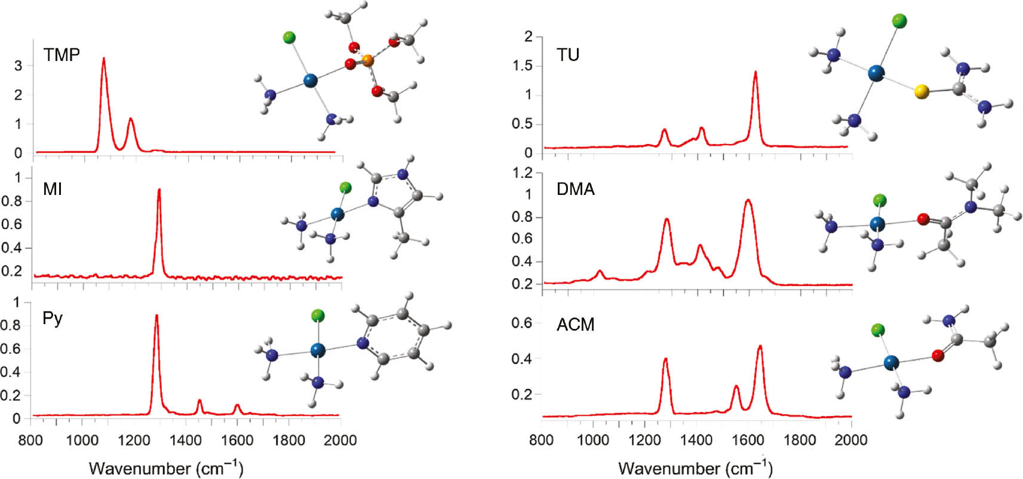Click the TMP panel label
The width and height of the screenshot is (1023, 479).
click(x=62, y=55)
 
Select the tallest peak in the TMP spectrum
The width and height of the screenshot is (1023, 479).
click(x=104, y=59)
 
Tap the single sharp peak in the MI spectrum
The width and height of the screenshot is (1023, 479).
click(x=159, y=190)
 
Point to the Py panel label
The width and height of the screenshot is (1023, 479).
click(x=53, y=318)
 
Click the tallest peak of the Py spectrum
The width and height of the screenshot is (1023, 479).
click(x=156, y=316)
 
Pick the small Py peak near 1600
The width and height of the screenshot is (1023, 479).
click(x=237, y=405)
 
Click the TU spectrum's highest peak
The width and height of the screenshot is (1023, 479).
click(x=755, y=72)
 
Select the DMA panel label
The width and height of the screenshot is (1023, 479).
click(x=575, y=190)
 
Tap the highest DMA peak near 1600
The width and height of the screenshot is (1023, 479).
click(x=748, y=201)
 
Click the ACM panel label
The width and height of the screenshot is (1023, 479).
click(x=575, y=325)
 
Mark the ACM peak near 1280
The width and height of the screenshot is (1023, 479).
click(x=665, y=359)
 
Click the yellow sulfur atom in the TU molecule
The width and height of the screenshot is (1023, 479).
click(x=921, y=92)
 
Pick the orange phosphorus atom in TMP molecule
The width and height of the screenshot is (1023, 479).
click(x=368, y=60)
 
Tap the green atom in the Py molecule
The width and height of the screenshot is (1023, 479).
click(x=318, y=315)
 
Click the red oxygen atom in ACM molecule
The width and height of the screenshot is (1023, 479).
click(x=938, y=356)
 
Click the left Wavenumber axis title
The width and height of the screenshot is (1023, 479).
click(x=166, y=468)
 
